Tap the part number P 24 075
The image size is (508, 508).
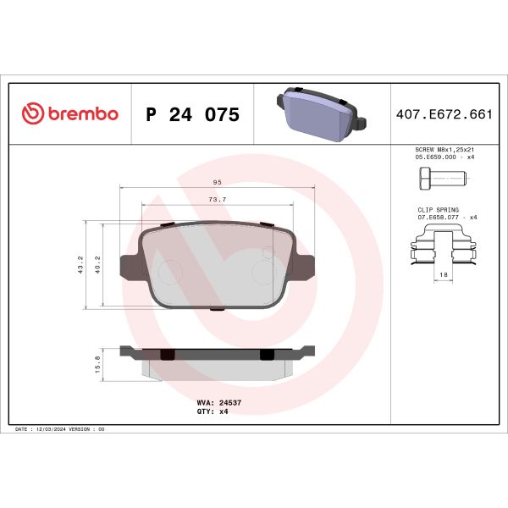tap(192, 114)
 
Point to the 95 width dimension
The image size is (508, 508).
tap(218, 182)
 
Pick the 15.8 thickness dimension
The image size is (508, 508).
tap(98, 364)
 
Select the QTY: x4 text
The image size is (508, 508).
tap(213, 413)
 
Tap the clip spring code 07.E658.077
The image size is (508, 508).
tap(437, 218)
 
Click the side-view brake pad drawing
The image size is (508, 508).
tap(218, 358)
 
